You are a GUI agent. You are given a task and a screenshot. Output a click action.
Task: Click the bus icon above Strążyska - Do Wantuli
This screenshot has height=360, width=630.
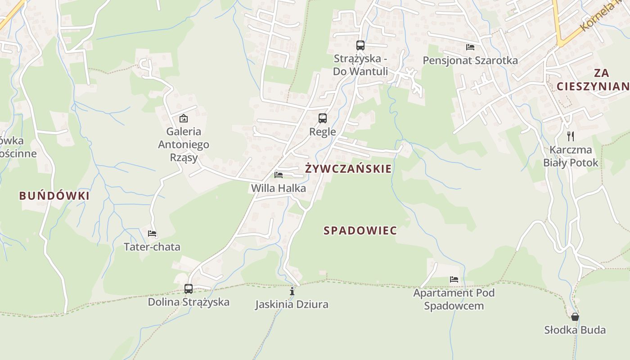pyautogui.click(x=360, y=45)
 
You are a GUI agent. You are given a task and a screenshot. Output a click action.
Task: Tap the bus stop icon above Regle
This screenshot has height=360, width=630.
pyautogui.click(x=323, y=118)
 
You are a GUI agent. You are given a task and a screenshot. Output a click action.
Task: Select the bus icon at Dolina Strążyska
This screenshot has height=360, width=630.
pyautogui.click(x=189, y=288)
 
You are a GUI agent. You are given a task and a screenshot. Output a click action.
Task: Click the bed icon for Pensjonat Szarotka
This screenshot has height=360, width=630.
pyautogui.click(x=470, y=47)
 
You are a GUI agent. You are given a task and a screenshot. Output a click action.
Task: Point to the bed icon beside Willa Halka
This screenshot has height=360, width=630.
pyautogui.click(x=279, y=175)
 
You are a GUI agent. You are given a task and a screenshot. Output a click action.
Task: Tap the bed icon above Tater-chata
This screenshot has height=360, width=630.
pyautogui.click(x=152, y=234)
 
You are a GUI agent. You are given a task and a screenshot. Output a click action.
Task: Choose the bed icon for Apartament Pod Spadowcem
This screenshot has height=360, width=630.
pyautogui.click(x=454, y=279)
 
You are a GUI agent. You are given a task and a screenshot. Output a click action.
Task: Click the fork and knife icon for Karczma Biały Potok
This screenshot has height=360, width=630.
pyautogui.click(x=571, y=136)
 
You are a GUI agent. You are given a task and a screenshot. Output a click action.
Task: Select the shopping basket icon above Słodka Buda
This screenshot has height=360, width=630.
pyautogui.click(x=575, y=316)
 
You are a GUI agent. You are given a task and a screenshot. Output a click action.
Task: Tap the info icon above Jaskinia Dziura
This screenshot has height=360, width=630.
pyautogui.click(x=292, y=291)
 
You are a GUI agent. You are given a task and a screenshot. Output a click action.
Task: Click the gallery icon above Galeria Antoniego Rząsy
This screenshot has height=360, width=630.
pyautogui.click(x=183, y=118)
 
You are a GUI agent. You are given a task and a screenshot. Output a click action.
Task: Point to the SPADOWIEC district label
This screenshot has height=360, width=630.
pyautogui.click(x=360, y=231)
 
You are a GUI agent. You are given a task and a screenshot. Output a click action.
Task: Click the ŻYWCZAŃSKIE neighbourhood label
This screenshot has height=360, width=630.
pyautogui.click(x=348, y=169)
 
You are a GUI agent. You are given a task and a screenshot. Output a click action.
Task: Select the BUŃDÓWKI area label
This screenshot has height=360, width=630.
pyautogui.click(x=54, y=196)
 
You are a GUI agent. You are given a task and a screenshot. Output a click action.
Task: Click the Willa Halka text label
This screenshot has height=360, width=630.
pyautogui.click(x=279, y=188)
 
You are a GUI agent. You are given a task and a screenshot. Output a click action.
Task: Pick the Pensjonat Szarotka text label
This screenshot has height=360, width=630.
pyautogui.click(x=470, y=60)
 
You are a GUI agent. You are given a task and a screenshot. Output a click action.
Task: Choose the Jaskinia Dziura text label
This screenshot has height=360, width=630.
pyautogui.click(x=292, y=305)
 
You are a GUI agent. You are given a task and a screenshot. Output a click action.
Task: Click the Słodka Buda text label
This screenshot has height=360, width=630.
pyautogui.click(x=575, y=330)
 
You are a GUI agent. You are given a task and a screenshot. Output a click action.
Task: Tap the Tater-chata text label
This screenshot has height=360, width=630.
pyautogui.click(x=152, y=247)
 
